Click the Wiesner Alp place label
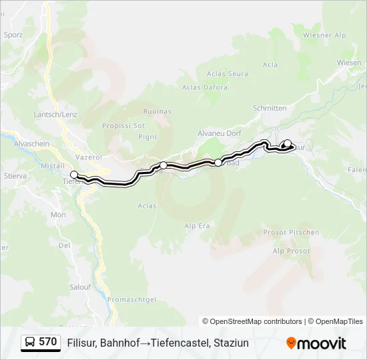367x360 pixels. pyautogui.click(x=324, y=35)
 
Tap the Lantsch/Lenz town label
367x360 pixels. pyautogui.click(x=55, y=114)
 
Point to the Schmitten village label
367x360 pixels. pyautogui.click(x=270, y=108)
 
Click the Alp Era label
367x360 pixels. pyautogui.click(x=197, y=226)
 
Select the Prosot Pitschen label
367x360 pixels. pyautogui.click(x=291, y=232)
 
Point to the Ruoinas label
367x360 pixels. pyautogui.click(x=157, y=111)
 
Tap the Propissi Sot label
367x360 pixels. pyautogui.click(x=123, y=125)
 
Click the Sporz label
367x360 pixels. pyautogui.click(x=13, y=35)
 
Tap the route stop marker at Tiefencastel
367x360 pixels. pyautogui.click(x=74, y=175)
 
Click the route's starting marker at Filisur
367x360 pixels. pyautogui.click(x=287, y=143)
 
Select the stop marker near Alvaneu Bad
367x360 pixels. pyautogui.click(x=218, y=163)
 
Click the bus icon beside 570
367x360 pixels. pyautogui.click(x=30, y=343)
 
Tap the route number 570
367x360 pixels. pyautogui.click(x=47, y=342)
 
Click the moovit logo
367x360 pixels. pyautogui.click(x=316, y=343)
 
